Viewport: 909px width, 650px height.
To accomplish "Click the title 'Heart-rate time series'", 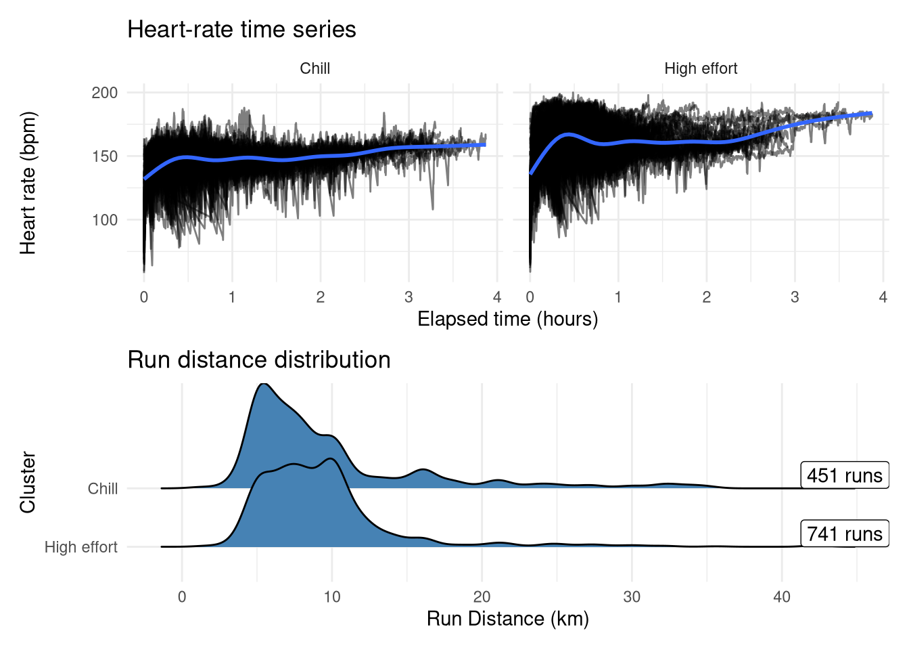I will [x=241, y=30].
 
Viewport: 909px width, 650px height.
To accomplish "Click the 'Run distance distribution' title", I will [x=258, y=360].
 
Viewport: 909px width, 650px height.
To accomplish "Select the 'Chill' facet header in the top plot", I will [x=314, y=68].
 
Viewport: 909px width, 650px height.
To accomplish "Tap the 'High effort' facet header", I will [x=700, y=68].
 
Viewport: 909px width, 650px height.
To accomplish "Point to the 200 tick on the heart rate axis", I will [x=105, y=93].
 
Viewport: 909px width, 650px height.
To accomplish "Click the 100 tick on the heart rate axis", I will [x=105, y=220].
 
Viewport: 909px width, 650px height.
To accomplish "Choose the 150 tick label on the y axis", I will [x=105, y=156].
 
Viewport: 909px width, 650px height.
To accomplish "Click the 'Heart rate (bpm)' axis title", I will [x=28, y=183].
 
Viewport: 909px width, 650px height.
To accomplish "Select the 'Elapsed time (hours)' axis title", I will [x=507, y=319].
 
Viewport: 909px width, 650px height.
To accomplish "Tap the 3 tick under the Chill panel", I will [x=409, y=297].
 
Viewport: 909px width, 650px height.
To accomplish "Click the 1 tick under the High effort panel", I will [x=618, y=297].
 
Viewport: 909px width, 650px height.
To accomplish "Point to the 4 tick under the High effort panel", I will [x=883, y=297].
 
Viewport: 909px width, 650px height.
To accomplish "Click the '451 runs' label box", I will [x=844, y=475].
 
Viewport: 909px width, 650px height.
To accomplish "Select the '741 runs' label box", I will [x=844, y=534].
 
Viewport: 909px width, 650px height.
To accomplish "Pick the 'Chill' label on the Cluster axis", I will [x=103, y=489].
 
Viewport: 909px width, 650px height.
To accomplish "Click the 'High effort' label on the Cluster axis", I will [x=81, y=547].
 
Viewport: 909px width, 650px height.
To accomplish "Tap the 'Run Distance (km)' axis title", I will [x=507, y=619].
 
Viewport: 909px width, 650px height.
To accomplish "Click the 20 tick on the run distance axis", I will [x=482, y=597].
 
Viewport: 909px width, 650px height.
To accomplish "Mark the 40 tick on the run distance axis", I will [x=782, y=597].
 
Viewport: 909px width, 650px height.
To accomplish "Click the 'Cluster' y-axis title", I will [x=28, y=482].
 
